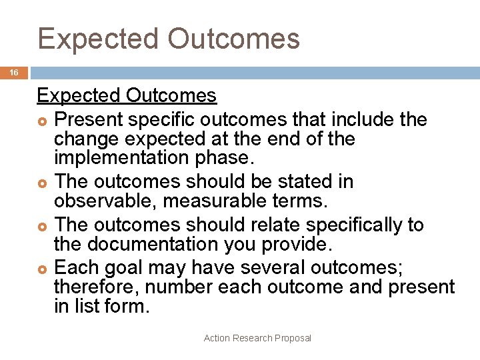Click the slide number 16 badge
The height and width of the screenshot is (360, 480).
[x=13, y=73]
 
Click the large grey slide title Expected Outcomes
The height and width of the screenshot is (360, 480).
[x=169, y=39]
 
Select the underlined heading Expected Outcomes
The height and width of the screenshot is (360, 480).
[x=127, y=96]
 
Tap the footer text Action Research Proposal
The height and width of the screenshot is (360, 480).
[x=257, y=338]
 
